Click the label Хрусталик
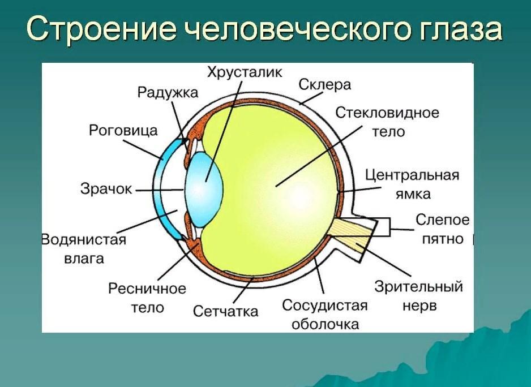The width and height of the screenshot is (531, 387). pos(245,72)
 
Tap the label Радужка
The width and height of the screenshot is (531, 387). pos(168,92)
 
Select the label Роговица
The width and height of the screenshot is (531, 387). pos(123,130)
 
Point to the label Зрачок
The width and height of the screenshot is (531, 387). pos(106,188)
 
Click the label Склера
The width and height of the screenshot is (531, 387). pos(324,85)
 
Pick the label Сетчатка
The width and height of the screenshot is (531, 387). pos(225,311)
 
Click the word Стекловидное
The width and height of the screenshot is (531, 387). pos(387,113)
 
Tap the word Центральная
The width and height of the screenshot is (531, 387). pos(412,176)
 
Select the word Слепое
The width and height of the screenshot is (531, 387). pos(443,220)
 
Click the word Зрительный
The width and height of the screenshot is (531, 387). pos(418,287)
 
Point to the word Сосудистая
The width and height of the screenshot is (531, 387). pos(325,306)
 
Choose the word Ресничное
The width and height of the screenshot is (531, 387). pos(147,289)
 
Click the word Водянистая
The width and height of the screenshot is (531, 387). pos(84,240)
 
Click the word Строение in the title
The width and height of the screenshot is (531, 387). pos(101,29)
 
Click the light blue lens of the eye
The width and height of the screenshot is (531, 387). pos(204,189)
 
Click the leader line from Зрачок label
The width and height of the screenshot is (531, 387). pos(160,190)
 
